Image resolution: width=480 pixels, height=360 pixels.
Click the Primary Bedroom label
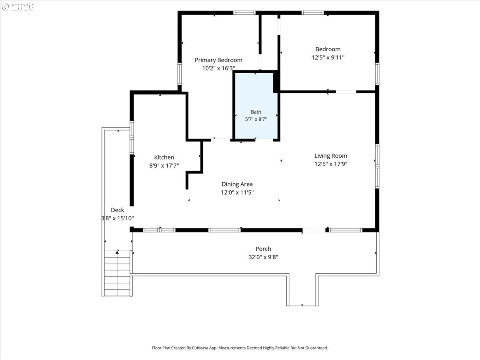click(x=218, y=60)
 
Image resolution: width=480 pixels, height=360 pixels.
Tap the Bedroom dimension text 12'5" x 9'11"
click(x=328, y=58)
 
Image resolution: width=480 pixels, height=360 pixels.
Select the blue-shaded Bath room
click(x=256, y=106)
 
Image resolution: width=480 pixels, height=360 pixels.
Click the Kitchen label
click(x=164, y=157)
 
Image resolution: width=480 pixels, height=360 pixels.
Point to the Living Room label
click(x=331, y=156)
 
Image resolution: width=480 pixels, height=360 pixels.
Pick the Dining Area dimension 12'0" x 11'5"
click(x=237, y=192)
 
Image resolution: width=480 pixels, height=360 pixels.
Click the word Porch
click(x=263, y=249)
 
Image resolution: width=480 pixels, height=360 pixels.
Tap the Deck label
click(x=118, y=210)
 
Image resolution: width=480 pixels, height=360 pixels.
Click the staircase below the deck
click(x=117, y=274)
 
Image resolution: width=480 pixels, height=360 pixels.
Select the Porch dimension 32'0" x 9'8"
click(x=263, y=257)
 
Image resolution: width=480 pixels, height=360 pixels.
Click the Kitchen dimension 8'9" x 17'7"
click(x=164, y=166)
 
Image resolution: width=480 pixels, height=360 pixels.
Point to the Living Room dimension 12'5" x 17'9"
click(x=331, y=164)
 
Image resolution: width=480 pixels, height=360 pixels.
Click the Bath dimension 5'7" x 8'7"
click(x=256, y=119)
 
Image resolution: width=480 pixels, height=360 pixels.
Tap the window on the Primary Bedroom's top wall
click(x=244, y=13)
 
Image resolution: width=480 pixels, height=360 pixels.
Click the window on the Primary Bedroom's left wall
click(x=180, y=74)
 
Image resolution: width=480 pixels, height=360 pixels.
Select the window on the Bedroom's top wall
click(x=313, y=13)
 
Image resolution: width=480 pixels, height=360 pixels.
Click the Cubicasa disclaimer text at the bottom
click(x=240, y=348)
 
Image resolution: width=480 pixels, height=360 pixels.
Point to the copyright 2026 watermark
click(x=18, y=7)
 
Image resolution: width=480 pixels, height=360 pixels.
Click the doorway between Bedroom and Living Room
click(x=346, y=92)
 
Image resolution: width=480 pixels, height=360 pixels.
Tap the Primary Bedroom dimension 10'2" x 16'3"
click(x=218, y=68)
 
